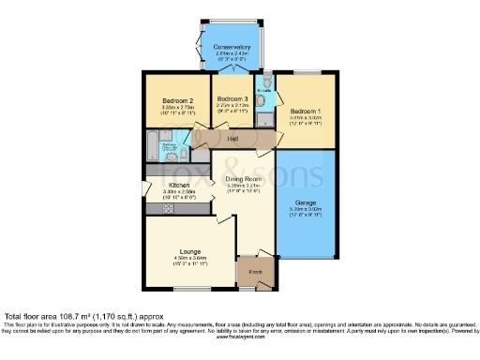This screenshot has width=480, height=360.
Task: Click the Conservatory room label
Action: pos(232,47)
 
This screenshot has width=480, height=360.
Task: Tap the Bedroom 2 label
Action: pos(177,100)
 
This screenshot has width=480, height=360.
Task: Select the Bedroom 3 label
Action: pos(232,99)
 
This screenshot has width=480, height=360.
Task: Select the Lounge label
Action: pos(190,250)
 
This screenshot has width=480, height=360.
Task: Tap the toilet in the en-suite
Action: pos(267,86)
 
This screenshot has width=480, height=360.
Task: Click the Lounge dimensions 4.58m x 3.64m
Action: pos(190,258)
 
